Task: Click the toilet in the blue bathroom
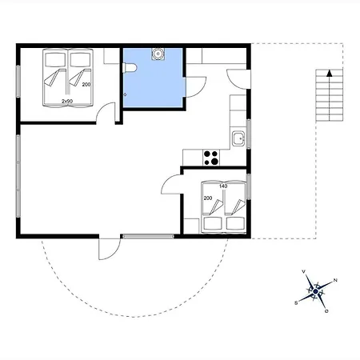pos(130,68)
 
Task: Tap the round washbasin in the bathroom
pos(158,54)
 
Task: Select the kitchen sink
pos(238,138)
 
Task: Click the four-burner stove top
pos(211,158)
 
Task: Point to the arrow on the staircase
pos(330,95)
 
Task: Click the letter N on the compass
pos(335,280)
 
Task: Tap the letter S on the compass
pos(296,303)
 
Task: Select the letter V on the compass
pos(303,271)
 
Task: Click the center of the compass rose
pos(316,291)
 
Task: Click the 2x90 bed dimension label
pos(67,102)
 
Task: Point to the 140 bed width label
pos(223,186)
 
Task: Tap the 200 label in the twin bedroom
pos(86,85)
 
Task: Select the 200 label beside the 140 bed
pos(208,198)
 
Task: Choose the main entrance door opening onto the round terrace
pos(109,250)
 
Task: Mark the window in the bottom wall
pos(148,236)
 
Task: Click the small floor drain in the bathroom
pos(125,94)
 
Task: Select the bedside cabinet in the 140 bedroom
pos(191,226)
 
